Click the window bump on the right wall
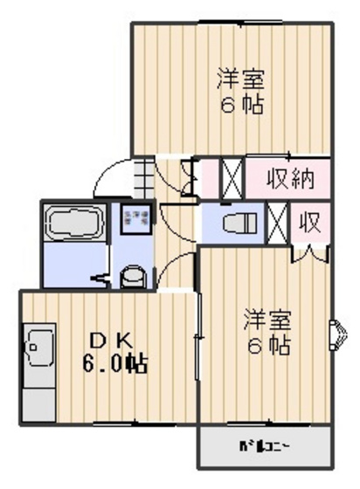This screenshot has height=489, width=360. pyautogui.click(x=336, y=335)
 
